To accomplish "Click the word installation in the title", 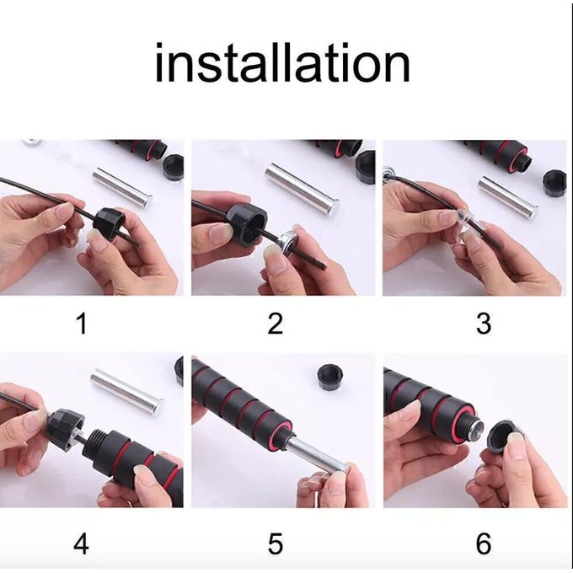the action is click(x=282, y=62).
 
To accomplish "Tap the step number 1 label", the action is click(x=82, y=324).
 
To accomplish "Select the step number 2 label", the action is click(x=275, y=324).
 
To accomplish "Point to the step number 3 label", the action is click(x=483, y=324).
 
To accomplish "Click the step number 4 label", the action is click(x=81, y=544).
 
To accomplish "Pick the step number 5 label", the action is click(x=276, y=544).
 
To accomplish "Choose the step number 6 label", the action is click(x=483, y=544).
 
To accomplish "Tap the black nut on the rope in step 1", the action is click(x=110, y=223).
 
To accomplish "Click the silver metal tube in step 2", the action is click(x=302, y=190).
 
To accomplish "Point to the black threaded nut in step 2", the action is click(x=247, y=223).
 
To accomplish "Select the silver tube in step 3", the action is click(x=508, y=196).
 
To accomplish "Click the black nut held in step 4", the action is click(x=65, y=429).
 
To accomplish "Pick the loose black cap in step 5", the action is click(x=331, y=378).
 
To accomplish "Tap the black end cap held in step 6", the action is click(x=506, y=438).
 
